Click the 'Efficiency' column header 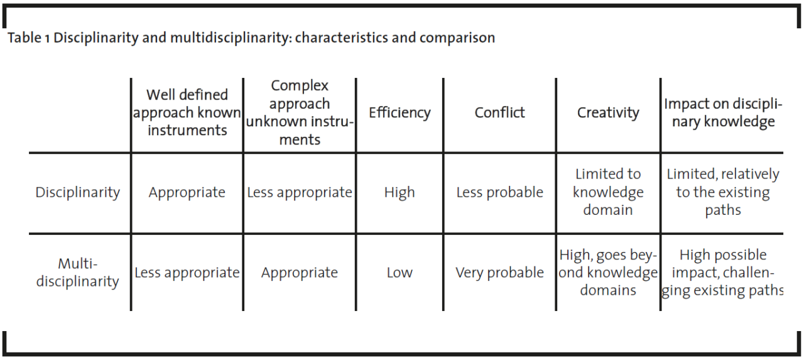[x=399, y=112]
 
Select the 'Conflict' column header [x=499, y=112]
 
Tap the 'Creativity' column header [x=608, y=112]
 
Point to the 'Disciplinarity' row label [x=77, y=193]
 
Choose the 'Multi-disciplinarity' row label [x=77, y=273]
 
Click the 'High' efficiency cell [x=399, y=193]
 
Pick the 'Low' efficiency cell [x=399, y=273]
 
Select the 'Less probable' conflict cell [x=499, y=193]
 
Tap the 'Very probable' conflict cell [x=499, y=273]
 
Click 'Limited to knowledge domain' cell [x=608, y=192]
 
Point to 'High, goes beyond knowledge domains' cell [x=608, y=273]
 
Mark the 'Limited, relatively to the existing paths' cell [x=723, y=192]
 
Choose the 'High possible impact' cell [x=723, y=273]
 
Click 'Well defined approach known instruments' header [x=187, y=112]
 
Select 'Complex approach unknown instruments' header [x=300, y=112]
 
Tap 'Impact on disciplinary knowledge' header [x=723, y=112]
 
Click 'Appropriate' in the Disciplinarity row [x=187, y=193]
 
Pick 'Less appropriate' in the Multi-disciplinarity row [x=187, y=273]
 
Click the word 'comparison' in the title [x=457, y=38]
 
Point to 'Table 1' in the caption [x=28, y=38]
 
